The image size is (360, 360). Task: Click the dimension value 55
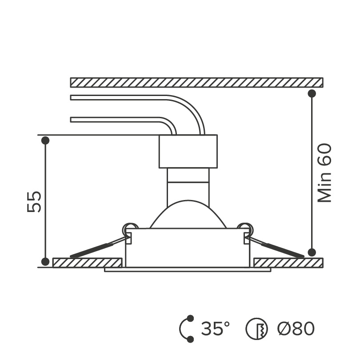(34, 202)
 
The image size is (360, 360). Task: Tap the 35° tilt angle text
(216, 328)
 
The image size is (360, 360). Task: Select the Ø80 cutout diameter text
(296, 328)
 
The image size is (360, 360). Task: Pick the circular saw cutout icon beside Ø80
(257, 329)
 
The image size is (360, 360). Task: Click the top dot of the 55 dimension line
(45, 140)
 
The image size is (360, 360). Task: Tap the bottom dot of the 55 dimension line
(45, 261)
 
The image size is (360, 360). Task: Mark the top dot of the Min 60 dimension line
(312, 93)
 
